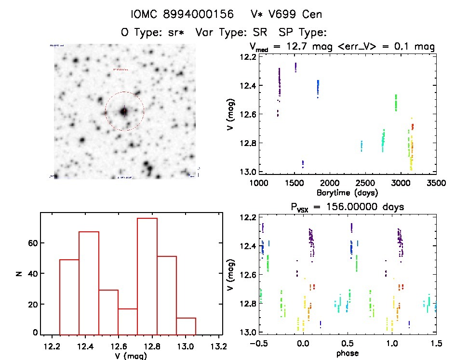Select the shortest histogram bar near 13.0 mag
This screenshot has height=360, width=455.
186,326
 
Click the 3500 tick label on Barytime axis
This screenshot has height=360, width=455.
436,183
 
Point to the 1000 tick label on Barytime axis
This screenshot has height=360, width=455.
259,183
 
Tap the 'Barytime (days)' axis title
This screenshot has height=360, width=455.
347,192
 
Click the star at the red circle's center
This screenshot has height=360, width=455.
124,111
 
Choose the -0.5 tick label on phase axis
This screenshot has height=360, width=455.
256,344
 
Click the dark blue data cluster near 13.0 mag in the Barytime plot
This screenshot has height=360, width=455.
303,164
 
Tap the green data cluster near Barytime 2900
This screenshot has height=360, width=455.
396,103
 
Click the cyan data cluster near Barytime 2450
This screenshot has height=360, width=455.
361,146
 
